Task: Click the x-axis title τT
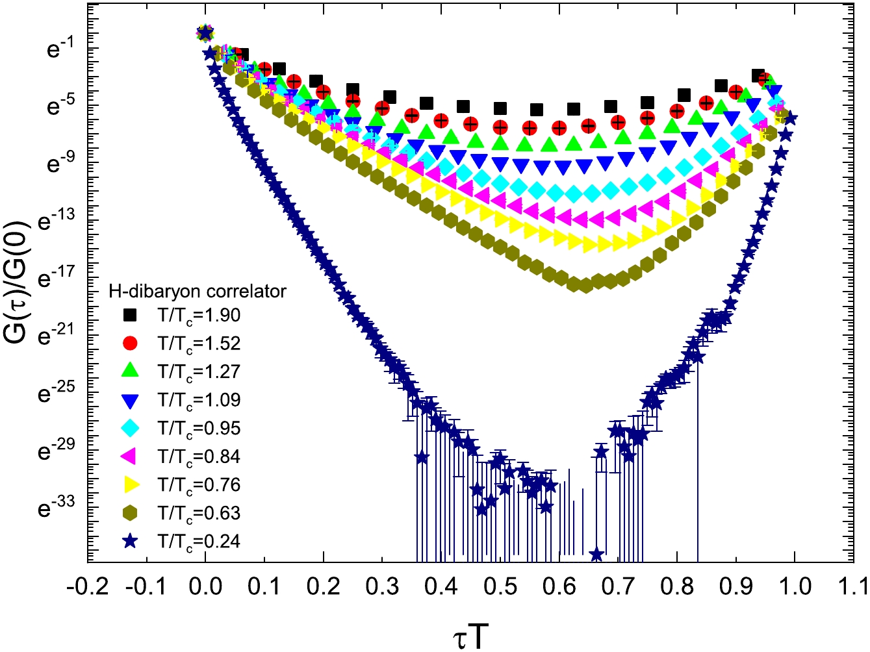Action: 470,635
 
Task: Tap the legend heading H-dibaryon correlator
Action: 197,291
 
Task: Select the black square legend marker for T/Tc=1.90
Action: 131,315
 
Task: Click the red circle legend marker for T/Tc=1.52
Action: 131,343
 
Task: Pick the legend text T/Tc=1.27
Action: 199,371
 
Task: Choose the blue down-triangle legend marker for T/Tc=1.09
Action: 131,401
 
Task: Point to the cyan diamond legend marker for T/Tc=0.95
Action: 131,429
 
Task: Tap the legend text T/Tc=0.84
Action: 199,457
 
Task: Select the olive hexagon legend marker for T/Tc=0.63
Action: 131,513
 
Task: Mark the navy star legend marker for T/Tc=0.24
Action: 131,541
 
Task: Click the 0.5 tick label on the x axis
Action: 500,587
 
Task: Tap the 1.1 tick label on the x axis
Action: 853,587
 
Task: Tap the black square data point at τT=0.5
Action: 500,108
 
